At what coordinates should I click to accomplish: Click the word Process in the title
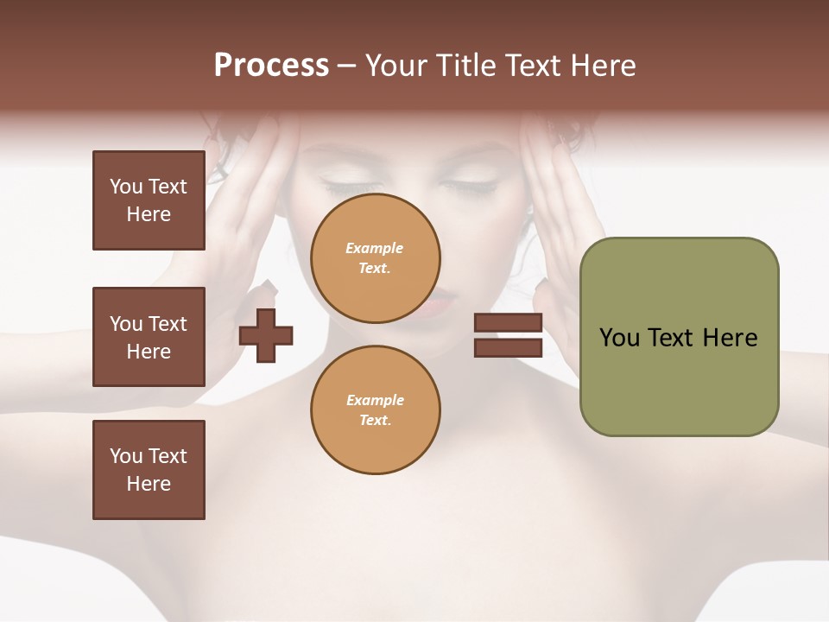point(271,66)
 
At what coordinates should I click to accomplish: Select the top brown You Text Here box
point(149,200)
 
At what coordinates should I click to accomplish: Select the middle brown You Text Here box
point(149,337)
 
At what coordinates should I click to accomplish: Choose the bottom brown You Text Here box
point(149,470)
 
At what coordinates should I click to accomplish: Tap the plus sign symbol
point(266,334)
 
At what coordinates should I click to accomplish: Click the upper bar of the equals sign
point(508,323)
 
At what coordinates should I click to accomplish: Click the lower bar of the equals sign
point(508,348)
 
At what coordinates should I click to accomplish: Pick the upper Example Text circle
point(375,258)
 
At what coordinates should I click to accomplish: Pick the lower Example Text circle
point(375,410)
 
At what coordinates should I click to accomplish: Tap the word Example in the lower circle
point(375,400)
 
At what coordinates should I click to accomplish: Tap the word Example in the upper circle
point(375,248)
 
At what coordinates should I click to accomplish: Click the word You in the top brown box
point(126,187)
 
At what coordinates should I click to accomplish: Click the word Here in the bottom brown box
point(149,484)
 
